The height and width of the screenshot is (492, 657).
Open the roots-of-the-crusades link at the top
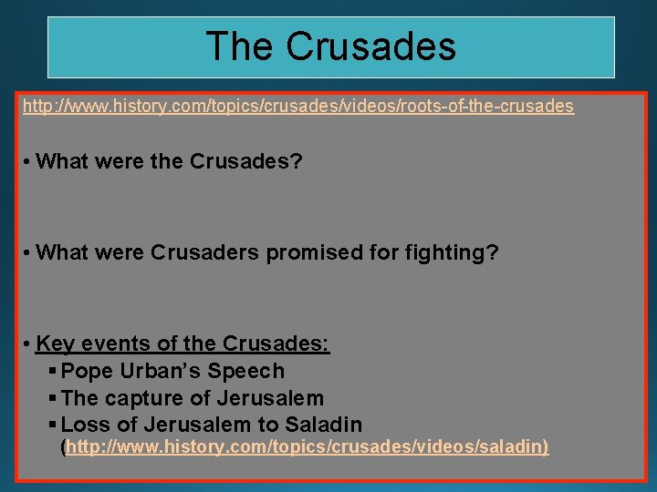pos(298,107)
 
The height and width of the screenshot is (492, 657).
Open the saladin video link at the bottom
pos(304,448)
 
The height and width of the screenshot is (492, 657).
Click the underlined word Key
pos(55,344)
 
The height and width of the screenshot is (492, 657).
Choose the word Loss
pos(83,425)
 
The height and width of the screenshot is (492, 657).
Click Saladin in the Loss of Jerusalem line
pos(323,425)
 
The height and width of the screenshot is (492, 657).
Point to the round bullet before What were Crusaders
pos(29,253)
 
